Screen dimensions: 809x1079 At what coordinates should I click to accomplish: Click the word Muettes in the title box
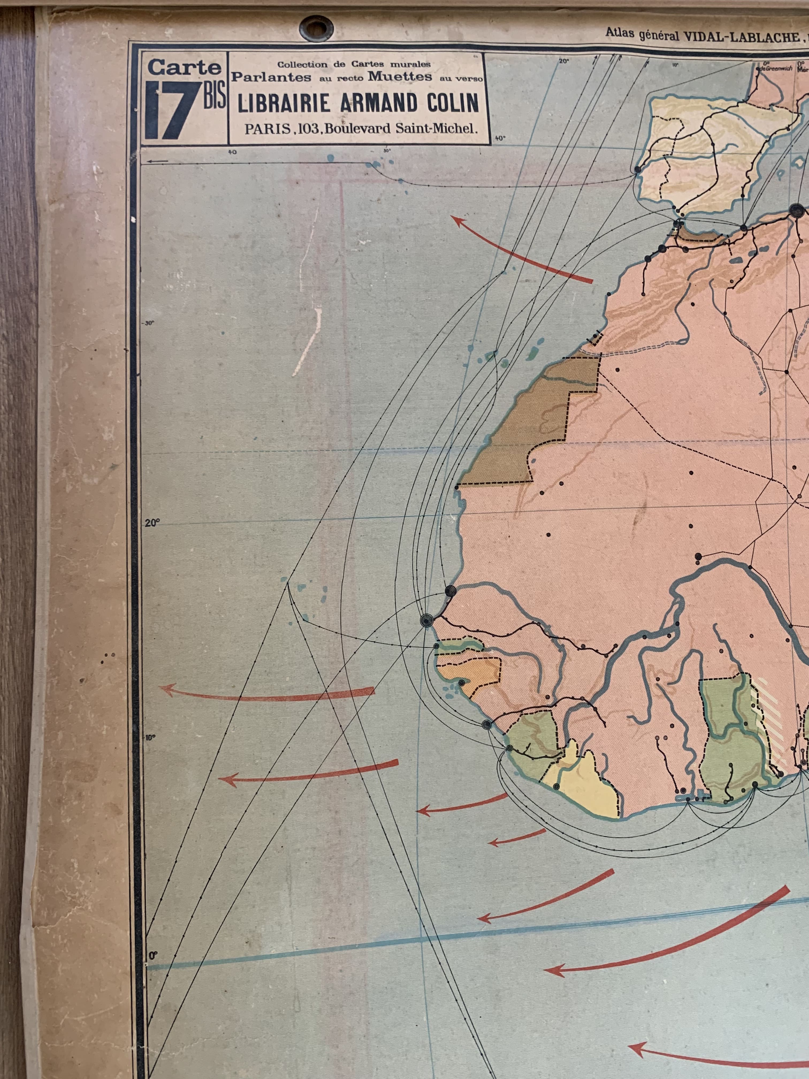tap(400, 77)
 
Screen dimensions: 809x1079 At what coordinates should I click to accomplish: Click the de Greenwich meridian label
tap(772, 68)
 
